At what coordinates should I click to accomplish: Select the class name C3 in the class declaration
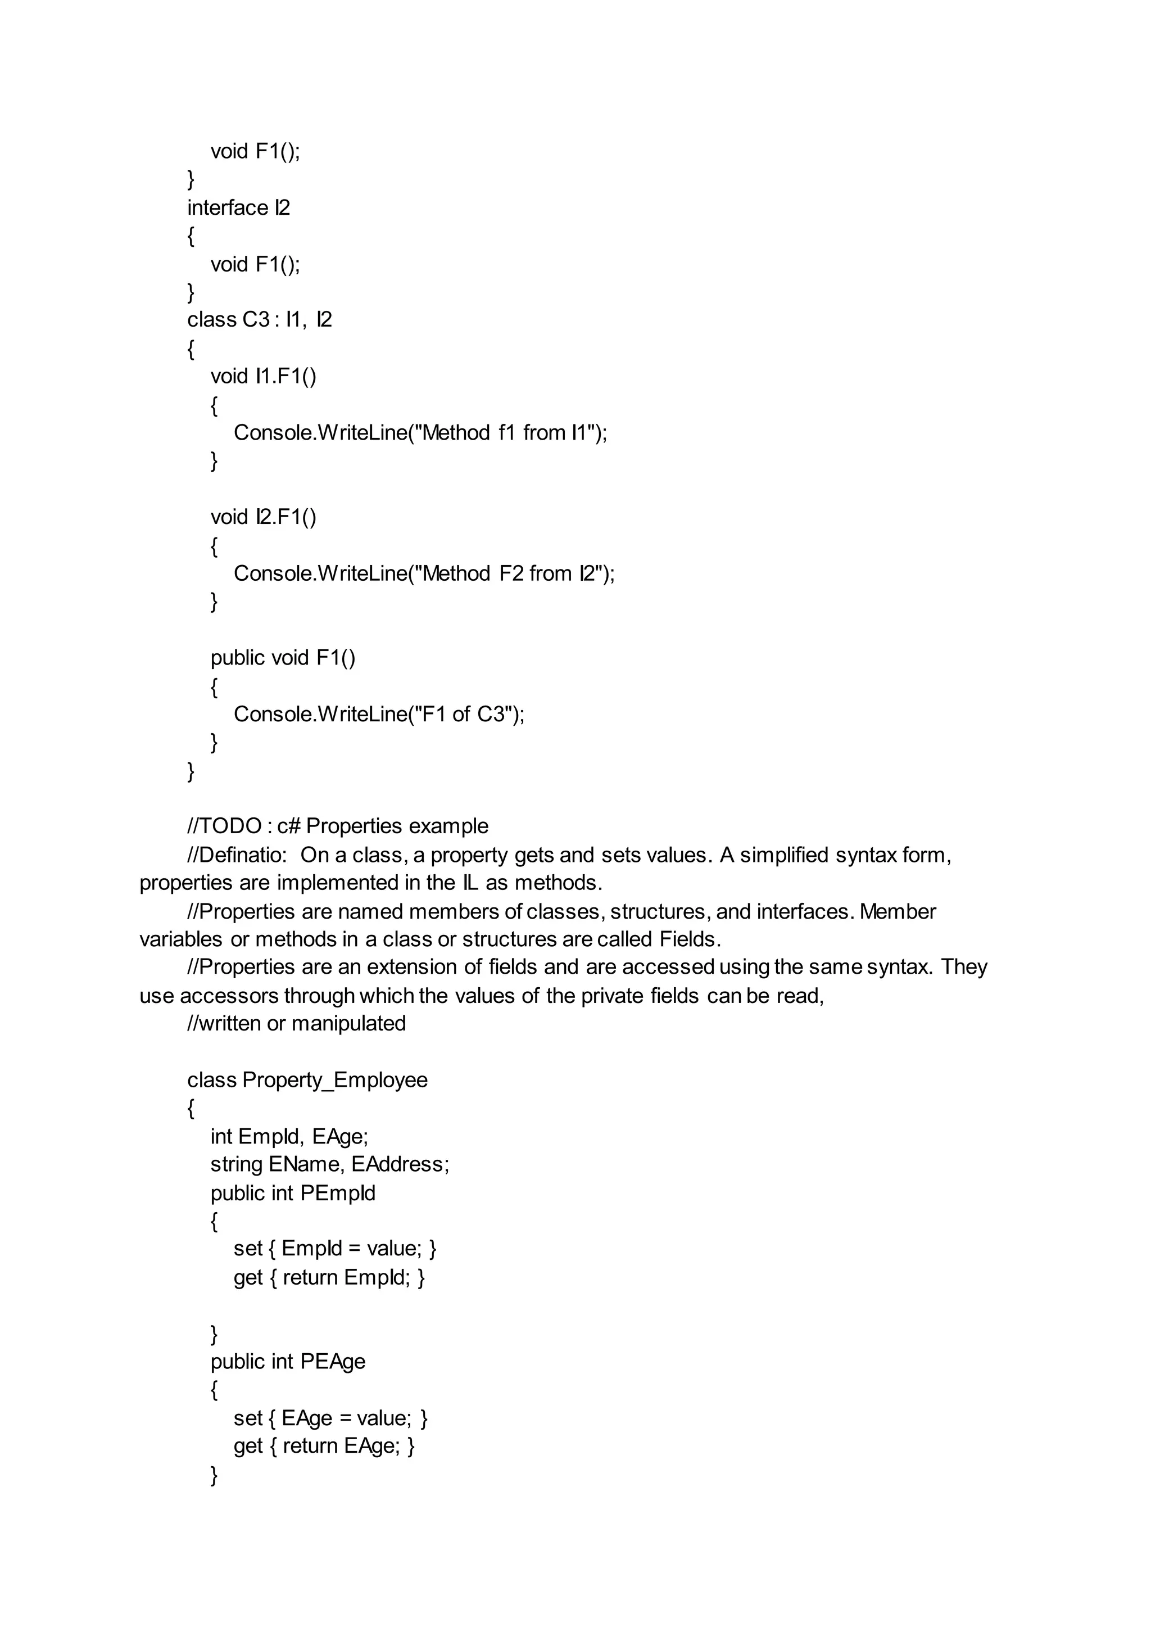255,320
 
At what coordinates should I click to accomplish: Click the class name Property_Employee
334,1080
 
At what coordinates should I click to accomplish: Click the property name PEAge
332,1361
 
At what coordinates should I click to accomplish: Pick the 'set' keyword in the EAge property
248,1418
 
